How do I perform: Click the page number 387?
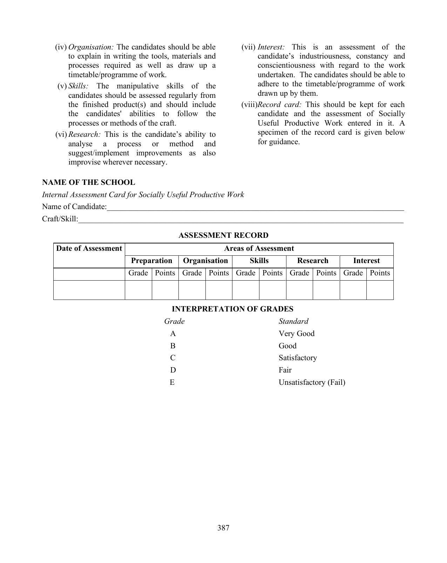click(x=223, y=528)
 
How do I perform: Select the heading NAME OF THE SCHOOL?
click(x=88, y=182)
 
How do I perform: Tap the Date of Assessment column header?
click(x=89, y=249)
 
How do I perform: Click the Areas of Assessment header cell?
click(x=259, y=249)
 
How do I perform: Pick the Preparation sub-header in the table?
click(x=151, y=261)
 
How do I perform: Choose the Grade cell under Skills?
click(x=245, y=273)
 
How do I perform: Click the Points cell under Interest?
click(x=380, y=273)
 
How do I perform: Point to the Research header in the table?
click(x=313, y=261)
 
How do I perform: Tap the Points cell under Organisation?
click(x=219, y=273)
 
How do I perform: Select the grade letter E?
click(x=172, y=382)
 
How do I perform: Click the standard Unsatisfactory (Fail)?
click(x=312, y=382)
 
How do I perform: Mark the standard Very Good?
click(x=296, y=334)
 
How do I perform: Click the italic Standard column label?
click(x=293, y=321)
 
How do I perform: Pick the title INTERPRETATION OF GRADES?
click(x=232, y=309)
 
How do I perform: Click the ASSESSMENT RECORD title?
click(x=223, y=235)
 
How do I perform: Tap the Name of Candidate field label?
click(x=74, y=207)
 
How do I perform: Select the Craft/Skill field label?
click(x=60, y=219)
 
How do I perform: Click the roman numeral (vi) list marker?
click(x=61, y=135)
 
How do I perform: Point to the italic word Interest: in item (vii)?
click(x=271, y=47)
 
